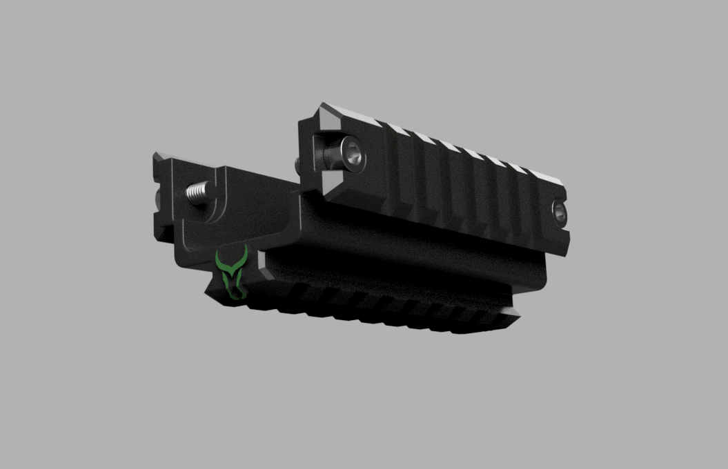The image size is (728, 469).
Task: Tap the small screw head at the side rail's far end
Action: click(x=559, y=213)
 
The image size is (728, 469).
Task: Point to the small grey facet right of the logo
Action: click(x=262, y=262)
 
